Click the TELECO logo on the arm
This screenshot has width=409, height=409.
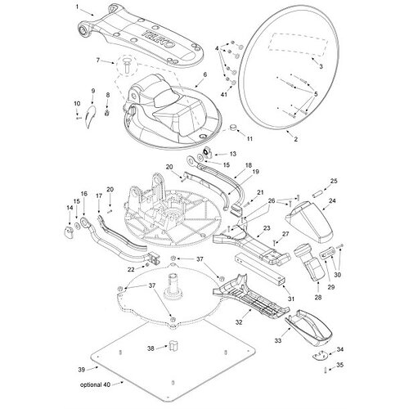159,39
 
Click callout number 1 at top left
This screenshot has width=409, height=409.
77,7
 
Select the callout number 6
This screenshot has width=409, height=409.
205,74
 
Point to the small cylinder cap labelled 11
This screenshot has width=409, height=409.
234,128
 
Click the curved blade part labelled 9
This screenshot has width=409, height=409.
90,116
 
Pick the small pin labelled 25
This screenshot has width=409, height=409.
317,196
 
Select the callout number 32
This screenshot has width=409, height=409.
239,322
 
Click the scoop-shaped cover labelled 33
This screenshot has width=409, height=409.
308,328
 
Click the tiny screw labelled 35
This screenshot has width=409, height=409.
325,371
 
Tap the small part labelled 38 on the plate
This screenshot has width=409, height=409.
173,346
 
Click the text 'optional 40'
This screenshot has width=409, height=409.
95,384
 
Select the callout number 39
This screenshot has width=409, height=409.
82,370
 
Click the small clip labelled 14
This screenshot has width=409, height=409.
68,232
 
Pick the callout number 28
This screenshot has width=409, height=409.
318,297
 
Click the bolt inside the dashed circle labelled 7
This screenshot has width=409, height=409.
127,65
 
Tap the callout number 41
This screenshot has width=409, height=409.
224,94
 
